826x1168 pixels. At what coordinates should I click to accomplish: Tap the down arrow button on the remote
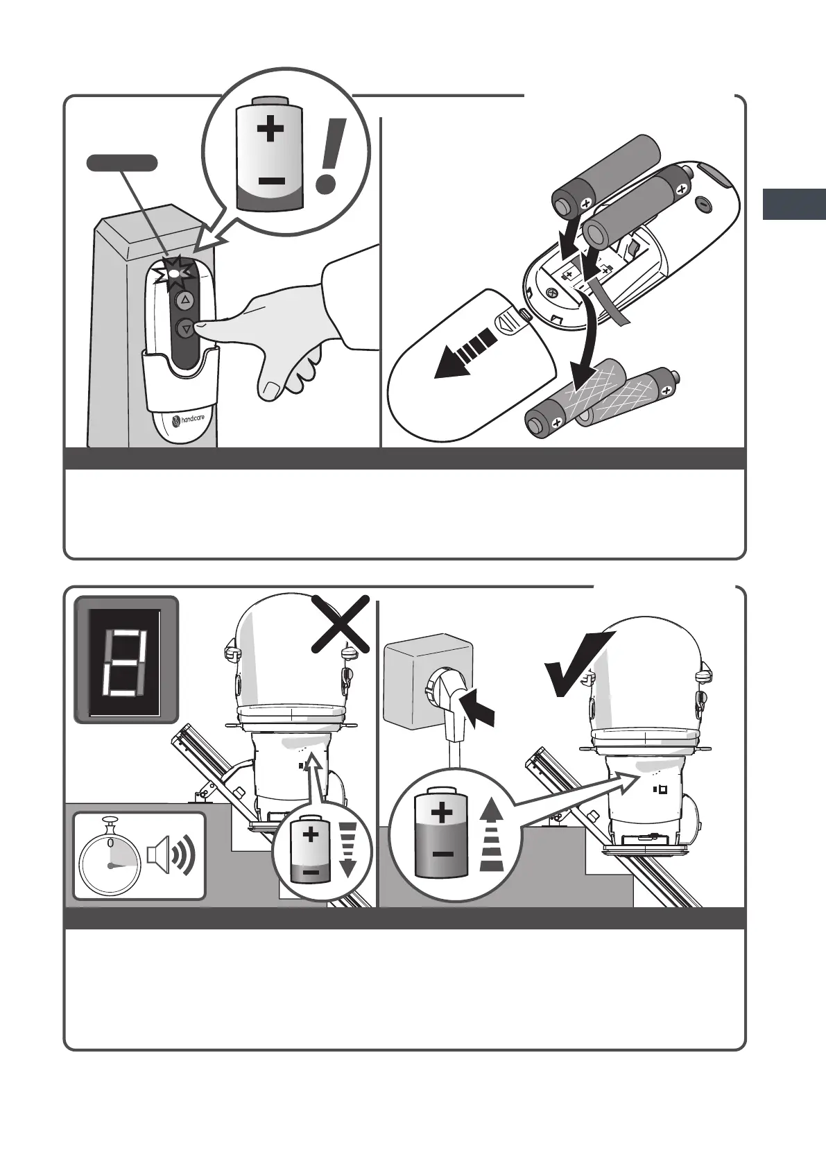[x=186, y=329]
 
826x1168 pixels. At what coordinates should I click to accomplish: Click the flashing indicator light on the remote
[x=174, y=272]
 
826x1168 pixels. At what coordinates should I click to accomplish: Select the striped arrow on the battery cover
[x=466, y=354]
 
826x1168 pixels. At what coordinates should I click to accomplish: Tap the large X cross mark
[x=341, y=625]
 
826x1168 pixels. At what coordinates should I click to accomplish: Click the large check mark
[x=578, y=663]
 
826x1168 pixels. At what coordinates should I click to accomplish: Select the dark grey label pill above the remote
[x=122, y=163]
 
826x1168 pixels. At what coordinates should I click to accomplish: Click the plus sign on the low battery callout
[x=270, y=128]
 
